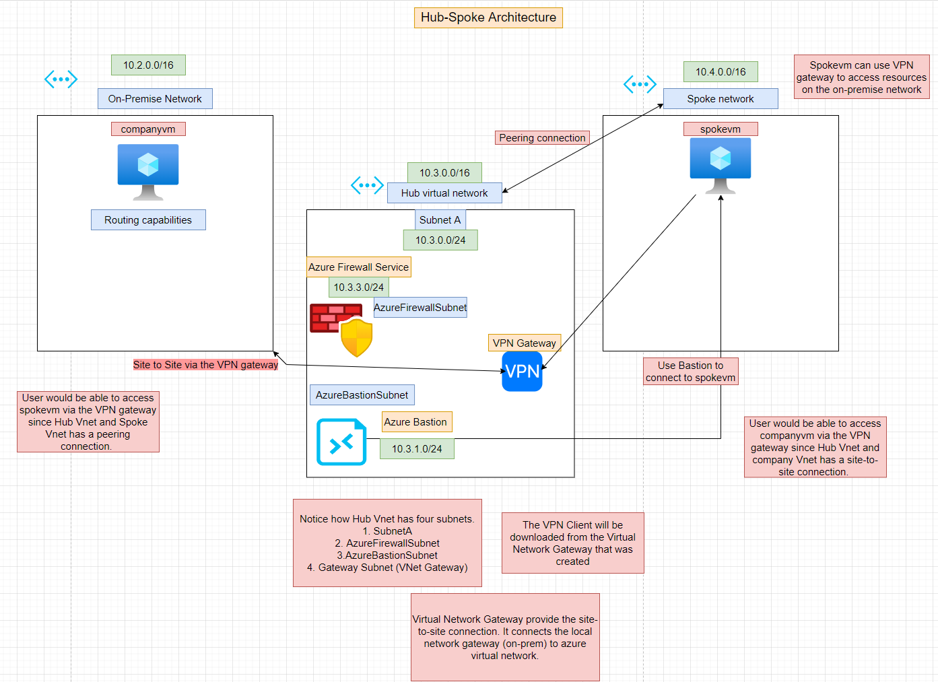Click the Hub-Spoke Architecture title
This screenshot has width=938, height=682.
tap(488, 18)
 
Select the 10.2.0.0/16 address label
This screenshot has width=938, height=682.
tap(148, 65)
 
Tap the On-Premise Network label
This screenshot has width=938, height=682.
tap(155, 99)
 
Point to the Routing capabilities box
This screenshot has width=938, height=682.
tap(148, 220)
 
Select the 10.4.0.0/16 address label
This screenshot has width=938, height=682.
tap(721, 72)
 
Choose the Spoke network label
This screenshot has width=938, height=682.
tap(721, 99)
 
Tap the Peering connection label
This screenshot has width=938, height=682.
tap(542, 138)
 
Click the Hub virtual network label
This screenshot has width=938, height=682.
tap(444, 193)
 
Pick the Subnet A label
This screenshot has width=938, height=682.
tap(440, 220)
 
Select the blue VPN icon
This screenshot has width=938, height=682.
tap(522, 372)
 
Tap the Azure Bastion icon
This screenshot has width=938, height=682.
tap(341, 442)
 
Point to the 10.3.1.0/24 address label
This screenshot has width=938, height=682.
tap(417, 449)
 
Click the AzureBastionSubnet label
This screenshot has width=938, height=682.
tap(362, 395)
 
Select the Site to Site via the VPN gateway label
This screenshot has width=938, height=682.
tap(205, 365)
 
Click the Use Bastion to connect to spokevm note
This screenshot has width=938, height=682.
tap(690, 372)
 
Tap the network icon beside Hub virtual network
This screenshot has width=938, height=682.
tap(367, 185)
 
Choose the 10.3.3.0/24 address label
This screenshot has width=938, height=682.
tap(358, 287)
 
